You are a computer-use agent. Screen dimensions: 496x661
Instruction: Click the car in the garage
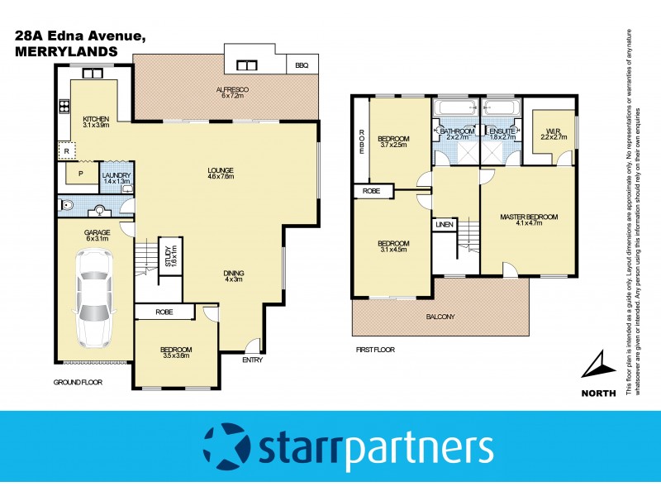[93, 301]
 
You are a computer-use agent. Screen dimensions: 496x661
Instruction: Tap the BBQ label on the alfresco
[301, 64]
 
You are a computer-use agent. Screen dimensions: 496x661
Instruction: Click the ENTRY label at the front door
[252, 360]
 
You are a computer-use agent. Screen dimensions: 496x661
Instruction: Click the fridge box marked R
[65, 151]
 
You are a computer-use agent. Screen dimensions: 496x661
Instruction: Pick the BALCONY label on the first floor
[440, 316]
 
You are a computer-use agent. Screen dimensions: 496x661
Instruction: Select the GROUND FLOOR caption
[78, 384]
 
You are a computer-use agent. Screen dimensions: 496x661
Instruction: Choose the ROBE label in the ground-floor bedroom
[164, 312]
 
